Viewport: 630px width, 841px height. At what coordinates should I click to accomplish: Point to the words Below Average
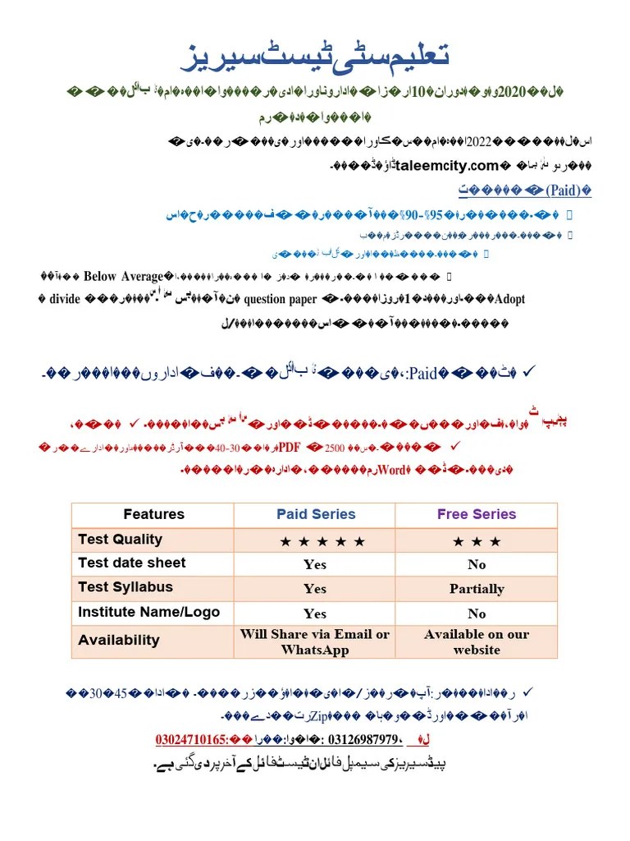124,276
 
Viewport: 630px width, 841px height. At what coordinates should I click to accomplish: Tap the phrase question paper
280,299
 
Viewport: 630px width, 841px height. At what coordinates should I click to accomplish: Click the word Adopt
510,299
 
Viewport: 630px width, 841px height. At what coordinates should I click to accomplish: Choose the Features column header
153,514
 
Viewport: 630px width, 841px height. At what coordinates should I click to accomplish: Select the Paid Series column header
316,514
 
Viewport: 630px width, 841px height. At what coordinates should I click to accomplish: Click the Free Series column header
477,514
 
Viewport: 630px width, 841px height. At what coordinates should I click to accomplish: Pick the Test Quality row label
120,539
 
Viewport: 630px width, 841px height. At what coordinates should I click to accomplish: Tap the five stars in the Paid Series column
322,541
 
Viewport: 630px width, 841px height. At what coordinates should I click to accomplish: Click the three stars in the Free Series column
477,541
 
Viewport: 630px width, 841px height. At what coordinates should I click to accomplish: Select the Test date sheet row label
131,563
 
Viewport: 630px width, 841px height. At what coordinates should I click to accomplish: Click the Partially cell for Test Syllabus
477,588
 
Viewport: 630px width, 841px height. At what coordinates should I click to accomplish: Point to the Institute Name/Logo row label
148,612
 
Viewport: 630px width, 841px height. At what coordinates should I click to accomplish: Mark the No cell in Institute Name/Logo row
477,613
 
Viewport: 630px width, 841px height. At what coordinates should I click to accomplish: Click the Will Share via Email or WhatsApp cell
315,641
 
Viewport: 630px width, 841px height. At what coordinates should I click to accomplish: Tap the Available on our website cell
477,641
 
